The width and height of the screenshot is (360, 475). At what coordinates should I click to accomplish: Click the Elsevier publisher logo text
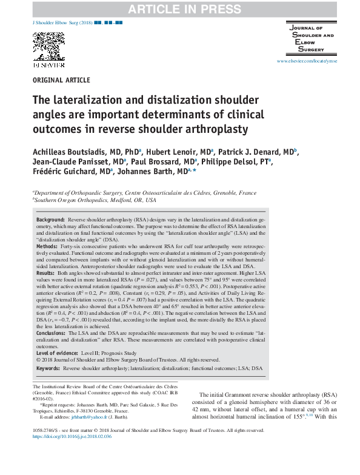[48, 63]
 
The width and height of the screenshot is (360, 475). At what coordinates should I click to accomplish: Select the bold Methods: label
[48, 248]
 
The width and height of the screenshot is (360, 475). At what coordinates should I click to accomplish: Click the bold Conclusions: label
[52, 334]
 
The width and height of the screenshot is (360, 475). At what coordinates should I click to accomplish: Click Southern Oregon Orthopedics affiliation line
[95, 200]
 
